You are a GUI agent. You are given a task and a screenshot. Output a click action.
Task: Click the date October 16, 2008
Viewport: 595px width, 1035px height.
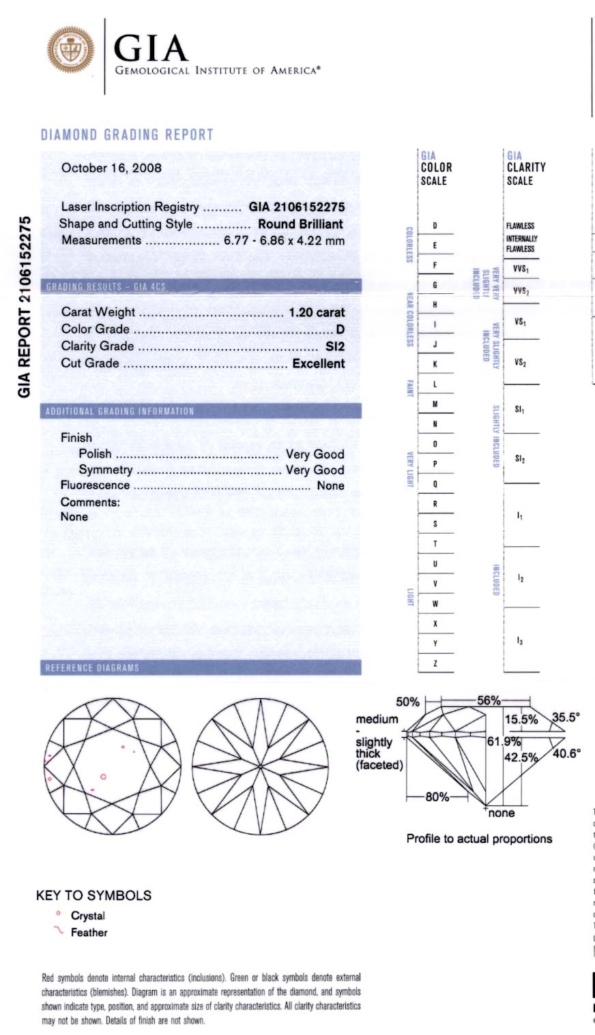tap(111, 168)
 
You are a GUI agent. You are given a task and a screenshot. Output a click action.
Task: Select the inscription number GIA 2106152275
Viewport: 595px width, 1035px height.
tap(297, 207)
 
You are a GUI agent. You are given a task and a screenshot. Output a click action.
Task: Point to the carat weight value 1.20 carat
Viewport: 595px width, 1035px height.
tap(317, 312)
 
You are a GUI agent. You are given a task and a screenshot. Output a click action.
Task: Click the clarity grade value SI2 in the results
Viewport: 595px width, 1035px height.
tap(335, 346)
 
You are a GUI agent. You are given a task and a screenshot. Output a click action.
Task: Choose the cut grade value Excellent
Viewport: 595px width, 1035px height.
tap(319, 363)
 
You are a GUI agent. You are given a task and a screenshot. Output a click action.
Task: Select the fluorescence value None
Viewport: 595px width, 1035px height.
tap(330, 485)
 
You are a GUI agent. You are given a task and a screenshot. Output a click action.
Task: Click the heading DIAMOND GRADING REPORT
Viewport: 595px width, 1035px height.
tap(127, 134)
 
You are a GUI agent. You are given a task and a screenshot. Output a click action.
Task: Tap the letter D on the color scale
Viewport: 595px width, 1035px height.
tap(435, 226)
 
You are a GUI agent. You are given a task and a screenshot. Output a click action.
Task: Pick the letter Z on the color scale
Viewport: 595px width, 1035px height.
tap(435, 663)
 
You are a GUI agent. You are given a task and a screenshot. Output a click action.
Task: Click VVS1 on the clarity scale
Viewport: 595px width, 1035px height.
tap(521, 269)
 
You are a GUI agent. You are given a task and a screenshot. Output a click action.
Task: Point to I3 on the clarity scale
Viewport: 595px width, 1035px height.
tap(520, 641)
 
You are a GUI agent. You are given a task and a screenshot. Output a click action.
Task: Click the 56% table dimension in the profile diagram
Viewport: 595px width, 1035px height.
tap(489, 701)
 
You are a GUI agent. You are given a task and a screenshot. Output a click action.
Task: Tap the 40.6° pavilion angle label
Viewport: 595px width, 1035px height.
tap(566, 753)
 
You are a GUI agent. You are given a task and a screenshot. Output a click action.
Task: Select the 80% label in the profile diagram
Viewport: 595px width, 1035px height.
tap(437, 796)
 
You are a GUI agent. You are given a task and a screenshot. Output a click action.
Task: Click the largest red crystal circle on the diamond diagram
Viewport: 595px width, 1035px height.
tap(103, 776)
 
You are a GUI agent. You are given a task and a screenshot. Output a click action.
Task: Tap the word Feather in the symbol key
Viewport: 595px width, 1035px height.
tap(89, 932)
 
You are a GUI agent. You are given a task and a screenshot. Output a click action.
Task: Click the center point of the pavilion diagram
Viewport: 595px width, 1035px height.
tap(261, 767)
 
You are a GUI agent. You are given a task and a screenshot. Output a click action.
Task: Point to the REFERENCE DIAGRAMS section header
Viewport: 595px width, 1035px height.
tap(92, 667)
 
